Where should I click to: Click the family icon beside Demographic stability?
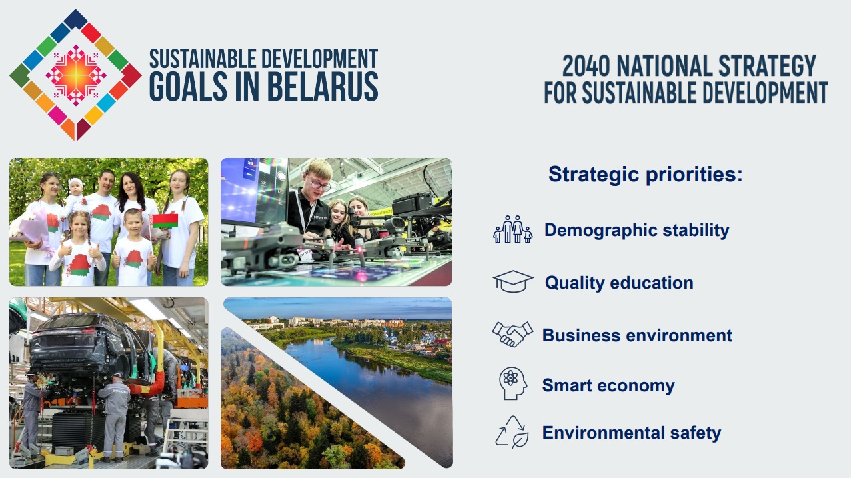pos(513,229)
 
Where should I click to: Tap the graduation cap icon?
pos(513,281)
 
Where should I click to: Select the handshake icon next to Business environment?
pos(512,334)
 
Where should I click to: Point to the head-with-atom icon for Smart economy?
pos(513,383)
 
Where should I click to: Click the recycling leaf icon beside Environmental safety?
pos(512,432)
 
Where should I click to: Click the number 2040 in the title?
pos(586,66)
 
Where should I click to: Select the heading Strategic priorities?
pos(646,175)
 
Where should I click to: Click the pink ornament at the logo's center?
pos(76,75)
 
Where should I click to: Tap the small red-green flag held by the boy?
pos(165,221)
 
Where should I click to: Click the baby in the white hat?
pos(75,197)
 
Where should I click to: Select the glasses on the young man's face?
pos(320,185)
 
